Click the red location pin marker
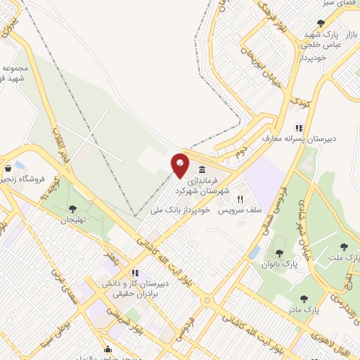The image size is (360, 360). [181, 165]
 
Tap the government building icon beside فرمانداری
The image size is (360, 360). [202, 169]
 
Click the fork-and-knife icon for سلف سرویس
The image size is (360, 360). [240, 199]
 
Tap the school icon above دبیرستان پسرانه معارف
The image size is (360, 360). [298, 128]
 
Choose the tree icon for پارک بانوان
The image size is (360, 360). [279, 253]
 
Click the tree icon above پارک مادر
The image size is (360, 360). [304, 299]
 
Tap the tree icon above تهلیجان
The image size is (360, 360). [72, 208]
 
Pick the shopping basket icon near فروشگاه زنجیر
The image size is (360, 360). [8, 169]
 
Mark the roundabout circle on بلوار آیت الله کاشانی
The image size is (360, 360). [207, 301]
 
